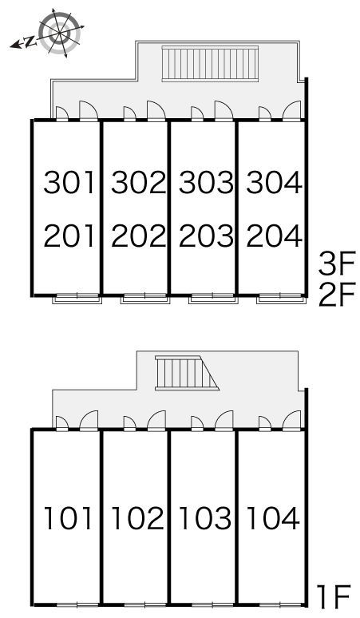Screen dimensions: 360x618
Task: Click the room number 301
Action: (69, 182)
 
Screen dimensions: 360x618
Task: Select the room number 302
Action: (138, 182)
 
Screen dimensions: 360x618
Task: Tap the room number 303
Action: (206, 182)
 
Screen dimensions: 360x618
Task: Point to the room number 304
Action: (274, 182)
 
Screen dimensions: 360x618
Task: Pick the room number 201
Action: (69, 236)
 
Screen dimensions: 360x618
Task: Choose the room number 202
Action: (138, 236)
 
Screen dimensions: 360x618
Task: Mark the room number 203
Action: (206, 236)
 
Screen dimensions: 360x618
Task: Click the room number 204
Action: (274, 236)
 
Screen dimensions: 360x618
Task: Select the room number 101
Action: (69, 517)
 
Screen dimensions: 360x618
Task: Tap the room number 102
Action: (137, 517)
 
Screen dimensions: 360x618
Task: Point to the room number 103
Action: (205, 517)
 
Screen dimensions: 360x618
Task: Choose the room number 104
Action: (273, 517)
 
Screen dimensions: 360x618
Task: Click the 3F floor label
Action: (337, 263)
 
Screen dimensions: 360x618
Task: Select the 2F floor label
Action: (337, 295)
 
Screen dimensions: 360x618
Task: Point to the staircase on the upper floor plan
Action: (210, 63)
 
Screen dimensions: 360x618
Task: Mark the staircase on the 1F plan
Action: (187, 373)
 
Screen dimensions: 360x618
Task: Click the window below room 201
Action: (77, 298)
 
